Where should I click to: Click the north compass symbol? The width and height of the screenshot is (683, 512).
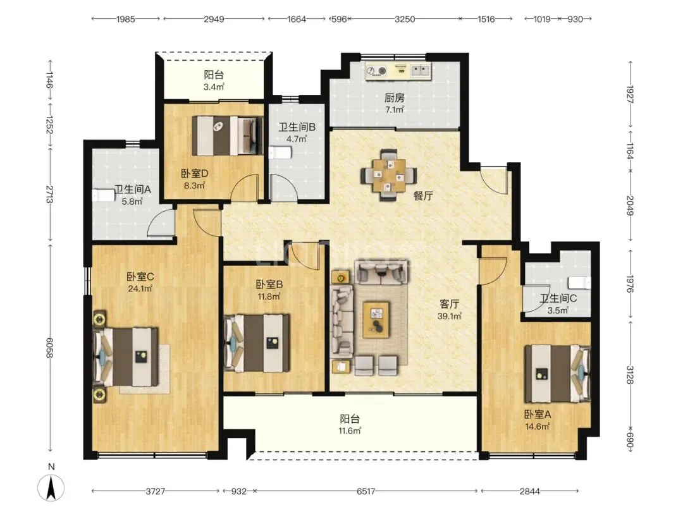pyautogui.click(x=51, y=487)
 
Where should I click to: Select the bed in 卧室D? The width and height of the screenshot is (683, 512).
pyautogui.click(x=228, y=135)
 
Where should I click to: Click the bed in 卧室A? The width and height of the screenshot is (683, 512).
pyautogui.click(x=558, y=374)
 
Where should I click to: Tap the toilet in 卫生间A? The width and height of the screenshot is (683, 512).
pyautogui.click(x=103, y=195)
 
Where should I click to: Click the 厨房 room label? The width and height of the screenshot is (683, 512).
pyautogui.click(x=394, y=98)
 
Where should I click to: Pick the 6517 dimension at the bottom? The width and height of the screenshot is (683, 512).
pyautogui.click(x=366, y=492)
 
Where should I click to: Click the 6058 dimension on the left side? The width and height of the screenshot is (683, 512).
pyautogui.click(x=51, y=348)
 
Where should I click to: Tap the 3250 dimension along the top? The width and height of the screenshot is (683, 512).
pyautogui.click(x=404, y=19)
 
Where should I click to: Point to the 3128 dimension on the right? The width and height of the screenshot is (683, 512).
pyautogui.click(x=630, y=374)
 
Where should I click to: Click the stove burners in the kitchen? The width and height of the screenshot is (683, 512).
pyautogui.click(x=376, y=71)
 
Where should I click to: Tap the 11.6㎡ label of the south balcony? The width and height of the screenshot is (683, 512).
pyautogui.click(x=350, y=431)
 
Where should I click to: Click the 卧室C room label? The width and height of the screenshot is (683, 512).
pyautogui.click(x=140, y=277)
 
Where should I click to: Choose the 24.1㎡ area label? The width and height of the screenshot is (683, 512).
pyautogui.click(x=140, y=288)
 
